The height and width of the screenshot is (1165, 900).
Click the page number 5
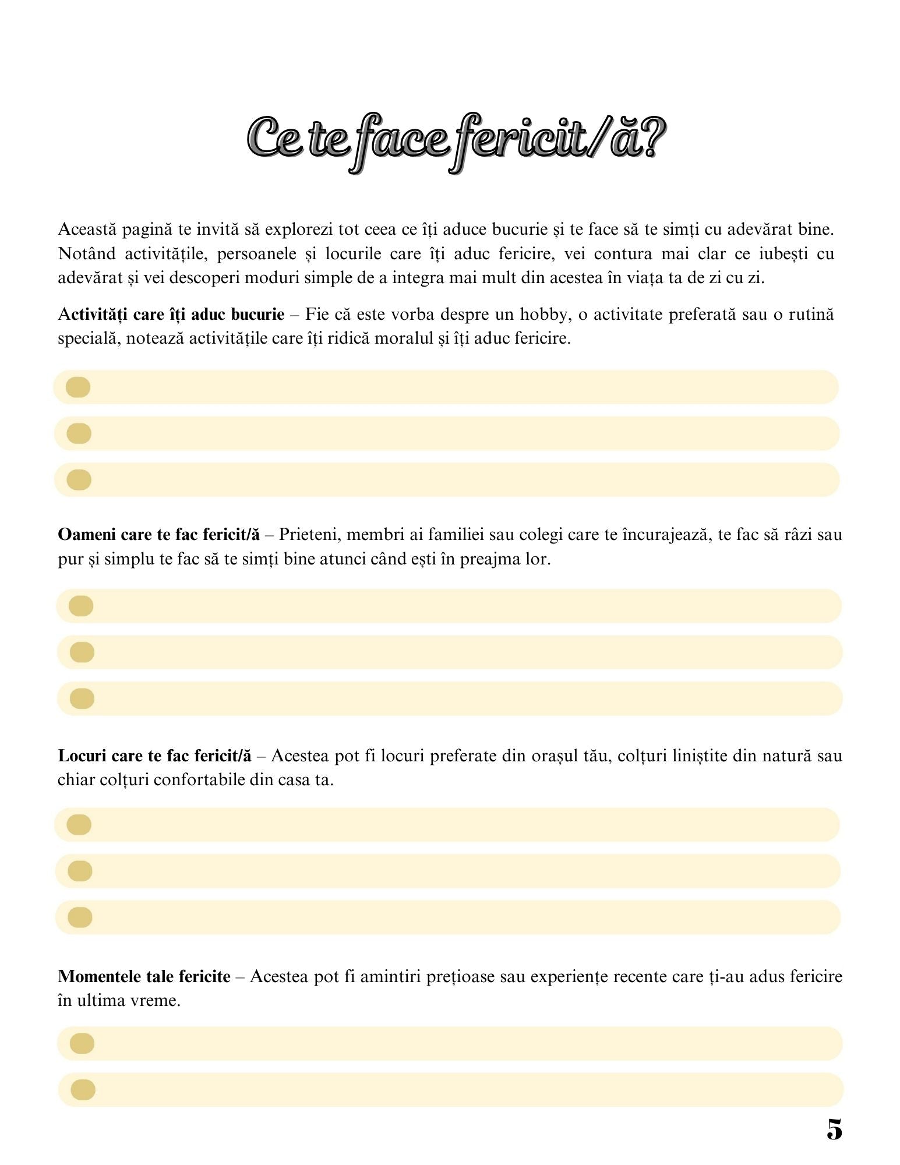coord(834,1129)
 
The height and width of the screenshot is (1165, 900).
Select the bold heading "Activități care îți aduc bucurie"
coord(171,315)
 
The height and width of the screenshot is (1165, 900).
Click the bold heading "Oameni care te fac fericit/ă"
coord(158,535)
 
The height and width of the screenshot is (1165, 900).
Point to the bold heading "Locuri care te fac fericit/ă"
coord(154,756)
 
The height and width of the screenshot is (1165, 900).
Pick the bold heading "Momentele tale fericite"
coord(144,976)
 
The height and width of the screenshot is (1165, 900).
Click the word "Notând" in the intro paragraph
coord(86,254)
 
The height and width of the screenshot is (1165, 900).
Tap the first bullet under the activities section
coord(78,387)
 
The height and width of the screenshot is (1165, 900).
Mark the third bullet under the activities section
coord(79,480)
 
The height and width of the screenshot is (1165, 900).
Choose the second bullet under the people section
coord(82,652)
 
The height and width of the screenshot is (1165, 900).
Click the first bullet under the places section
coord(79,825)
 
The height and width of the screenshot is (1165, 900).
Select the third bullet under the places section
coord(80,917)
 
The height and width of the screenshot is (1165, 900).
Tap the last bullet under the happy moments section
coord(82,1089)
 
